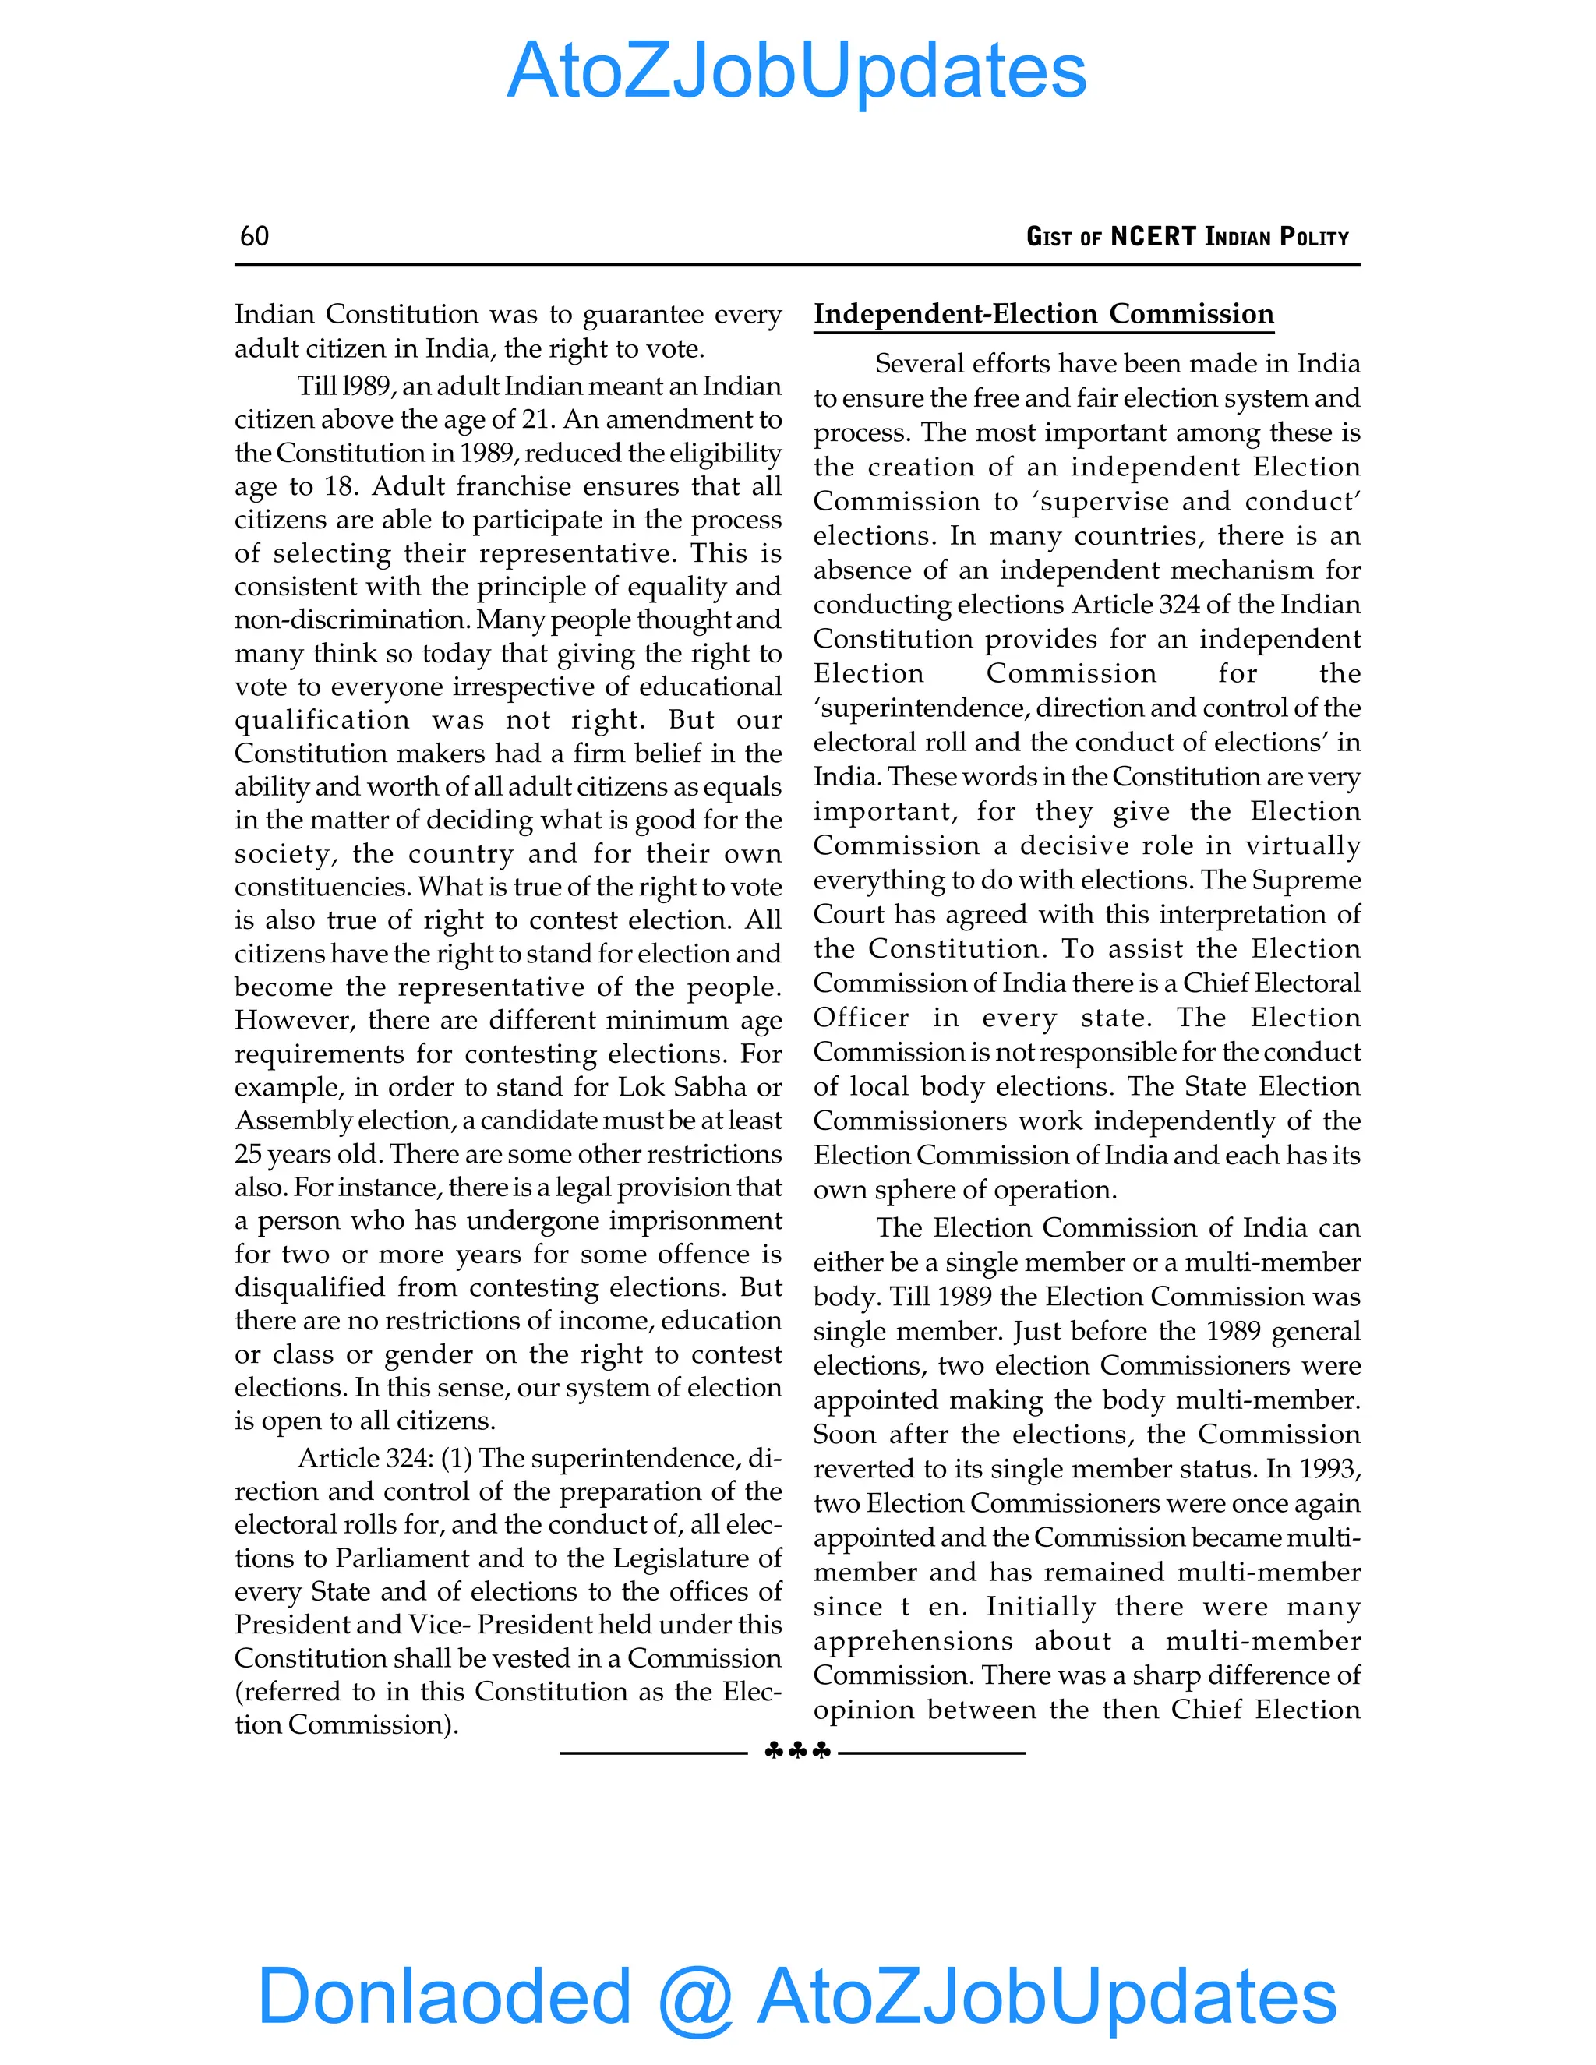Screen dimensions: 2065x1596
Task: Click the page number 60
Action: point(254,236)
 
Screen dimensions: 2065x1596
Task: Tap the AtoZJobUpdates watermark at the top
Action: point(797,71)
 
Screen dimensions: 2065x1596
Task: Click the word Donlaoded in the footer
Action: point(444,1995)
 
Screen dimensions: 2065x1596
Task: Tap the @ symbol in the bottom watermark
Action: point(695,1997)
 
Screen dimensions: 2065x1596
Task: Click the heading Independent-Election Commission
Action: point(1043,314)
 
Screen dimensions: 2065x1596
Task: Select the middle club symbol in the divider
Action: point(798,1752)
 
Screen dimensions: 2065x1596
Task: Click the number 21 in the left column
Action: point(536,420)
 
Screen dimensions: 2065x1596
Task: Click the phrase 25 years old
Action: point(307,1155)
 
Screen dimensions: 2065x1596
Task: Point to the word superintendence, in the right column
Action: point(923,708)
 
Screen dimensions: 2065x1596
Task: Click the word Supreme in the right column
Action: point(1306,881)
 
